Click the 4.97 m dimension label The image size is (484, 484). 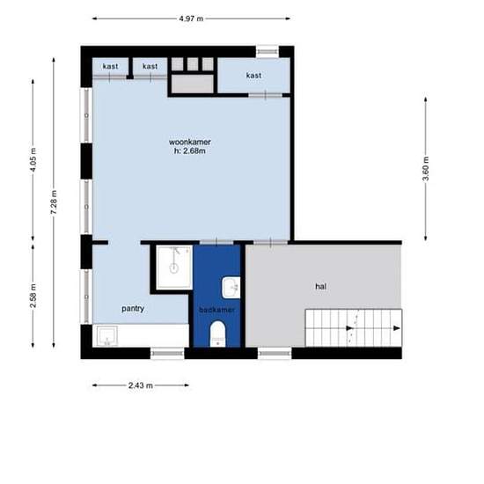point(191,18)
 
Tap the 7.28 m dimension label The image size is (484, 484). point(54,202)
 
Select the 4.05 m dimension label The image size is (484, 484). point(33,160)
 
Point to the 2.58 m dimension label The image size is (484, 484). point(33,296)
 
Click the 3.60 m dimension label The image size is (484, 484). point(425,169)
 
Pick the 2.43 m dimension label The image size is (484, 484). point(141,385)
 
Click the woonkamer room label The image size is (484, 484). point(190,142)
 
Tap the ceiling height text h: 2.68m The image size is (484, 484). point(190,151)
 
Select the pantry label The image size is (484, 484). point(133,309)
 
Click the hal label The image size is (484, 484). point(320,287)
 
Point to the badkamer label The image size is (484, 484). point(217,310)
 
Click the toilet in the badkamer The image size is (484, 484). point(218,334)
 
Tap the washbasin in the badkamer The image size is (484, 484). point(231,288)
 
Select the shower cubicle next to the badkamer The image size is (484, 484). point(174,268)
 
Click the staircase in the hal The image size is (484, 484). point(354,328)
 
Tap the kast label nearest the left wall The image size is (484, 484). point(110,66)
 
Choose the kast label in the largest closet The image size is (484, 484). point(253,76)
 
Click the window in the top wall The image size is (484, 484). point(268,52)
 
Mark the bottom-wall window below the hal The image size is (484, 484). point(275,353)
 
